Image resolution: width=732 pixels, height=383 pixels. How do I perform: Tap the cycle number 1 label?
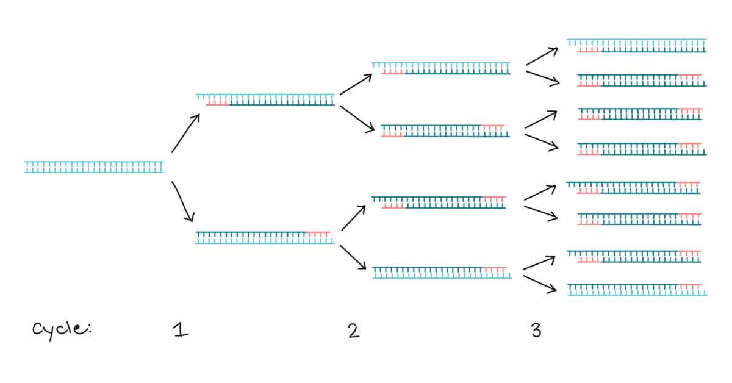pos(180,331)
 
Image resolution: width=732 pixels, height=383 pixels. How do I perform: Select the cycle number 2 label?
pos(353,331)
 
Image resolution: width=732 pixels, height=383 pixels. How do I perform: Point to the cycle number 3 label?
pos(536,331)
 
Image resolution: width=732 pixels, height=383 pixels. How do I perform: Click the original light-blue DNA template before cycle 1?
pos(94,167)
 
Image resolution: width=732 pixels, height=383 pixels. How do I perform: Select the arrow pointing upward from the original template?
pos(185,133)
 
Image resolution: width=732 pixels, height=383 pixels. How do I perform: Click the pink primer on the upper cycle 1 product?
pos(217,103)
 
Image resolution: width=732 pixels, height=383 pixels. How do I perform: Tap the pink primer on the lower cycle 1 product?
pos(318,234)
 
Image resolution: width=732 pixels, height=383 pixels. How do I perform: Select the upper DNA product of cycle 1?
pos(265,100)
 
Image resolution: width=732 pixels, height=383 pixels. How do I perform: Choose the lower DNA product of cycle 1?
pos(265,237)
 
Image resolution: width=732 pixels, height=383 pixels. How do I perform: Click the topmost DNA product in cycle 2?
pos(441,68)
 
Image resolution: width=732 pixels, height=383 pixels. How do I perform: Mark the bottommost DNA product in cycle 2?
pos(442,272)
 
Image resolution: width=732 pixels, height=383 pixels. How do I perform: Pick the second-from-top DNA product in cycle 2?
pos(445,131)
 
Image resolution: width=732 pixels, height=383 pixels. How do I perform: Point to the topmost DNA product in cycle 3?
pos(637,45)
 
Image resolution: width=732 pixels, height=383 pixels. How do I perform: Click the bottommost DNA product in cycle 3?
pos(637,290)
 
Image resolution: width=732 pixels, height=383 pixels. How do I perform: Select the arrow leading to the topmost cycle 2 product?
pos(356,84)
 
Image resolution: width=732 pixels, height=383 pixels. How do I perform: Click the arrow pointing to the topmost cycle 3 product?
pos(542,56)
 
